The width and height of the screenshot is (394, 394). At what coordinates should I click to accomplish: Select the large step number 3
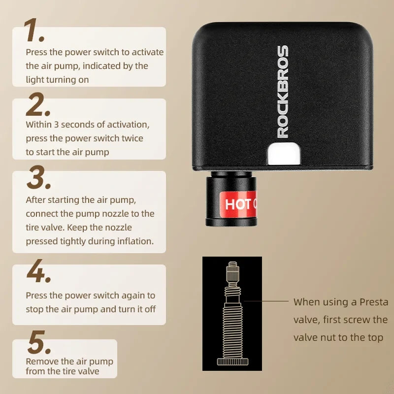point(38,178)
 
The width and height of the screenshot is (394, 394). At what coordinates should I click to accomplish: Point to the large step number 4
point(38,272)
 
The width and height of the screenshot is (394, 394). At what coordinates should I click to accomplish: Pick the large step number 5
point(38,343)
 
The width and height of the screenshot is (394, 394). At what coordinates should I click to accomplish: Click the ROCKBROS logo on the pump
point(282,92)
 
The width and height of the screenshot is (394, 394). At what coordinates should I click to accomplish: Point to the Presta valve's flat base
point(232,362)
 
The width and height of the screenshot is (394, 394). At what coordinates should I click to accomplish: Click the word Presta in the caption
point(374,302)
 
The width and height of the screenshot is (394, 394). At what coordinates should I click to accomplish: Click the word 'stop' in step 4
point(35,309)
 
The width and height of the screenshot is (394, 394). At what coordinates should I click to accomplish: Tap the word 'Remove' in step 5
point(42,361)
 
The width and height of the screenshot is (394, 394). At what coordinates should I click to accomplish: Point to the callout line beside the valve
point(265,301)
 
